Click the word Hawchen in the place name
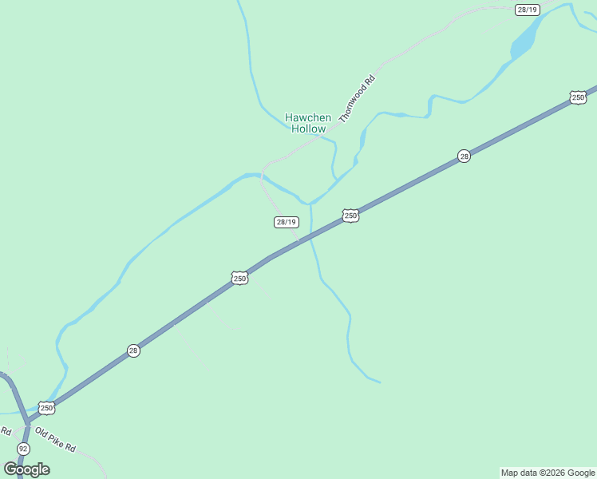(x=308, y=117)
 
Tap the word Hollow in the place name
(x=308, y=129)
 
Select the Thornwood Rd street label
(x=357, y=97)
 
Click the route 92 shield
(x=23, y=449)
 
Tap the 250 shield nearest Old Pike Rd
(x=47, y=408)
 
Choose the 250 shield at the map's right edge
(x=578, y=97)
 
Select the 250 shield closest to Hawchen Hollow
(x=350, y=216)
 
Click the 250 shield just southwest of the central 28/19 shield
(x=239, y=278)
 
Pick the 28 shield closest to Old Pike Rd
(x=133, y=350)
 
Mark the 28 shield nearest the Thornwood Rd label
(x=464, y=156)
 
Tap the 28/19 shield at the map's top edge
(x=528, y=10)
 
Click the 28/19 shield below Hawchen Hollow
(x=286, y=222)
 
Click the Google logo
(x=26, y=469)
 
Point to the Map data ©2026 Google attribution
(x=548, y=473)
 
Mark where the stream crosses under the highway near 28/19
(x=312, y=233)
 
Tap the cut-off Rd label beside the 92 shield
(x=5, y=431)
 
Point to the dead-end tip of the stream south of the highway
(x=380, y=382)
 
